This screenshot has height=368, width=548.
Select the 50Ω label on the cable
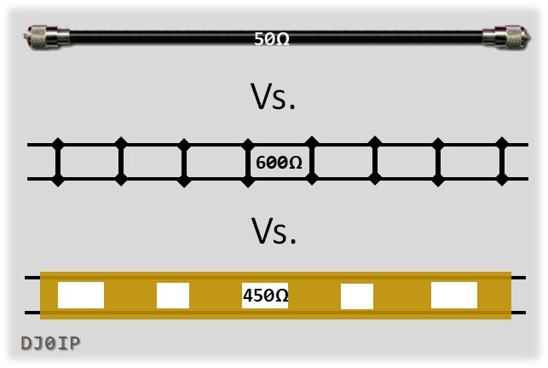click(272, 39)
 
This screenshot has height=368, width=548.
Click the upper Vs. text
click(274, 99)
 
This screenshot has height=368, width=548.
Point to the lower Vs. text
click(274, 232)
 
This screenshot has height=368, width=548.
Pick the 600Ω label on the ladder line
click(279, 162)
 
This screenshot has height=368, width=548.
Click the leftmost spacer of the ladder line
click(58, 162)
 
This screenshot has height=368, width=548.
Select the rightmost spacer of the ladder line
click(502, 162)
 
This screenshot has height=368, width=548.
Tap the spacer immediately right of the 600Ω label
click(311, 162)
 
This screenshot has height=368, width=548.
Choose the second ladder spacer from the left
click(121, 162)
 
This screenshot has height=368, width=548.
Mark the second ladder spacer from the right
click(438, 162)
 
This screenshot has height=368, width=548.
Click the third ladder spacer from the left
click(184, 162)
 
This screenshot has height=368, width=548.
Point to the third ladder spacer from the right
click(375, 162)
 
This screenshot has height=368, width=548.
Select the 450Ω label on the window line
click(265, 296)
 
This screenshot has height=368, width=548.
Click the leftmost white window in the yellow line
click(81, 295)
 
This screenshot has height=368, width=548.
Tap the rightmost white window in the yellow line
click(454, 295)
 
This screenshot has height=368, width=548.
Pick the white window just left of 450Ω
click(173, 296)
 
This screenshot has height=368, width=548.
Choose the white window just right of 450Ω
click(357, 296)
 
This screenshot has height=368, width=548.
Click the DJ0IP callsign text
click(50, 344)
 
